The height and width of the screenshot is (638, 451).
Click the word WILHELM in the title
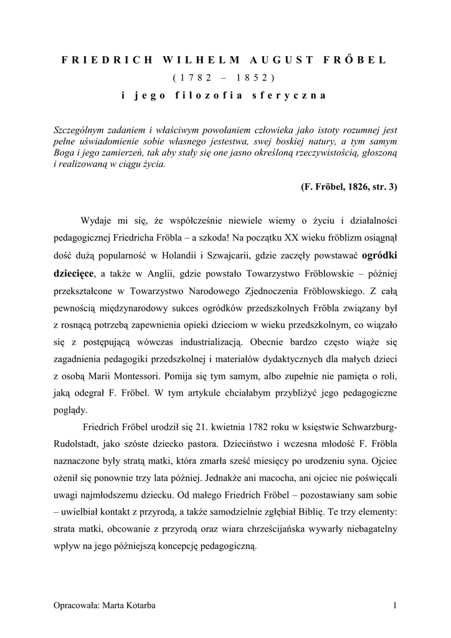click(x=192, y=60)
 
